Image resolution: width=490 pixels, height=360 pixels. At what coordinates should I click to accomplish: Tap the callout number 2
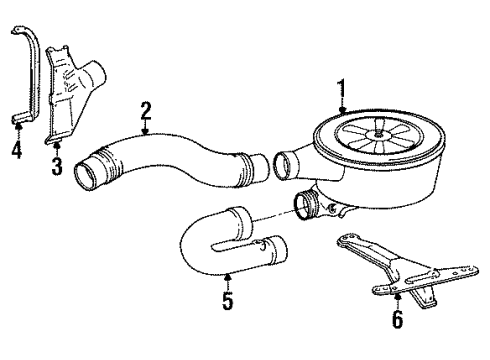pyautogui.click(x=145, y=111)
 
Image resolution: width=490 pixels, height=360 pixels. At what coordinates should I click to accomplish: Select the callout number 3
pyautogui.click(x=57, y=166)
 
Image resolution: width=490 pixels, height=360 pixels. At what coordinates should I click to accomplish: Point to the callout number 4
pyautogui.click(x=17, y=149)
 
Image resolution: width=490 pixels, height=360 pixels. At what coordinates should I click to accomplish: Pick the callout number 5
pyautogui.click(x=228, y=301)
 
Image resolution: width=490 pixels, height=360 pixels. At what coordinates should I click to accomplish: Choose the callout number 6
pyautogui.click(x=397, y=319)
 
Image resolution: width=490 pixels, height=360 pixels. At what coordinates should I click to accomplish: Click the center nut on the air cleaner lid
pyautogui.click(x=378, y=134)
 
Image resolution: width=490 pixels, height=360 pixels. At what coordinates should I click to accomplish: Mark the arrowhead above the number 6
pyautogui.click(x=397, y=297)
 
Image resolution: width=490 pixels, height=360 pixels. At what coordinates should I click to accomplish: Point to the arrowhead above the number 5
pyautogui.click(x=228, y=276)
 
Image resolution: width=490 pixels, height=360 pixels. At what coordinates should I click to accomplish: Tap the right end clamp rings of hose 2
pyautogui.click(x=244, y=169)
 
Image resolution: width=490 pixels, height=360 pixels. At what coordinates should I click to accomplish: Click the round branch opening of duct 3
pyautogui.click(x=95, y=74)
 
